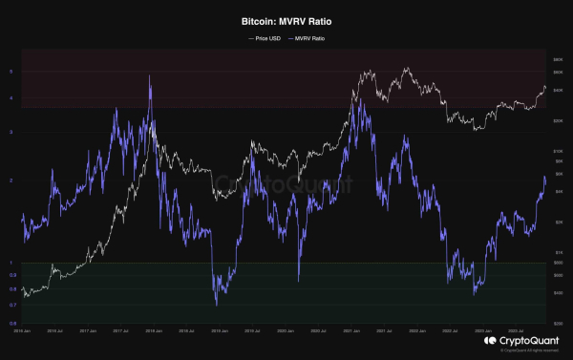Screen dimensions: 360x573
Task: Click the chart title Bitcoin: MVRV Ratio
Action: coord(286,19)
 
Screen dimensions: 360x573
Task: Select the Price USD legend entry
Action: coord(265,38)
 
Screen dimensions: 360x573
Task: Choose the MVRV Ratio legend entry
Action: coord(309,38)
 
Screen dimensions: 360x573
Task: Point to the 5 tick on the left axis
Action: coord(11,72)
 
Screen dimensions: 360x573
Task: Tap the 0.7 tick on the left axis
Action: coord(13,305)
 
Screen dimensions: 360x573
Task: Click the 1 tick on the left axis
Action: coord(11,263)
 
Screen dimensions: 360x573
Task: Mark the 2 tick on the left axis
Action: coord(11,180)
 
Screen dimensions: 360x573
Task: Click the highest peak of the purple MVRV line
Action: coord(150,76)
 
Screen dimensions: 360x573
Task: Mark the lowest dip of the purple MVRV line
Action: coord(216,305)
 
